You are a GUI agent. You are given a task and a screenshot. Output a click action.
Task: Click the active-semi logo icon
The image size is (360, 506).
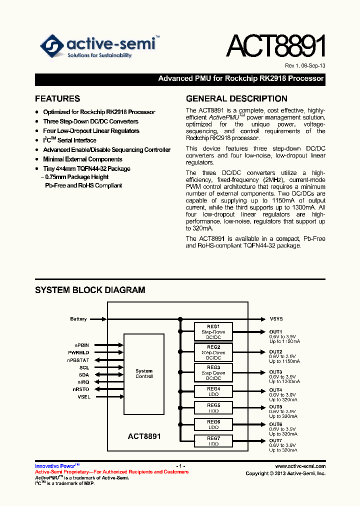pos(52,46)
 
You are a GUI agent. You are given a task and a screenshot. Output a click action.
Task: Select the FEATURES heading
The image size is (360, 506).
pos(57,98)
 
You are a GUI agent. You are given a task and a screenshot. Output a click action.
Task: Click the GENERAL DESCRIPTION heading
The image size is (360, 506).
pos(236,98)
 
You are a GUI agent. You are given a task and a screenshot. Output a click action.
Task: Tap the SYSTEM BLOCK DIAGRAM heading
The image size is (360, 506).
pos(90,290)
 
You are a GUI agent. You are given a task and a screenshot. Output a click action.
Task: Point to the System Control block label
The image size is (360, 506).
pos(144,373)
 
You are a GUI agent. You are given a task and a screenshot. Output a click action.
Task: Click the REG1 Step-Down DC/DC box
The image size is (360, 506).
pos(213,331)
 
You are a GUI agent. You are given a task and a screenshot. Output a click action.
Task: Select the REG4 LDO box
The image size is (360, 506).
pos(213,391)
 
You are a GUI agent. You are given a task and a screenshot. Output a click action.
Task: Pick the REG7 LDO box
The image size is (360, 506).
pos(213,441)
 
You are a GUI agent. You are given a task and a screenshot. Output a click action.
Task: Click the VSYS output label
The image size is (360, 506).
pos(276,319)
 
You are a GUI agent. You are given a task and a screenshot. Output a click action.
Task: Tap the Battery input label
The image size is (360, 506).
pos(78,319)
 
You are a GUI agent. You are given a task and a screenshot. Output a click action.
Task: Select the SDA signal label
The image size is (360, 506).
pos(83,374)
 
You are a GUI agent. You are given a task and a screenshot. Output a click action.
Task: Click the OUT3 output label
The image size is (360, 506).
pos(275,372)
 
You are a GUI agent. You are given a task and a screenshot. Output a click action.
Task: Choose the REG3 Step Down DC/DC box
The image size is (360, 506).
pos(213,373)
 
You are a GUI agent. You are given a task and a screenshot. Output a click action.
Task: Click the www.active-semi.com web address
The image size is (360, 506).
pos(300,465)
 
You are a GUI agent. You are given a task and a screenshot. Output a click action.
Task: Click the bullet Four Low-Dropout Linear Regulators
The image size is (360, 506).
pos(91,131)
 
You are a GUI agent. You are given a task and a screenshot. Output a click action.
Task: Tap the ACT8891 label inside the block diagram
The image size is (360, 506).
pos(144,436)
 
